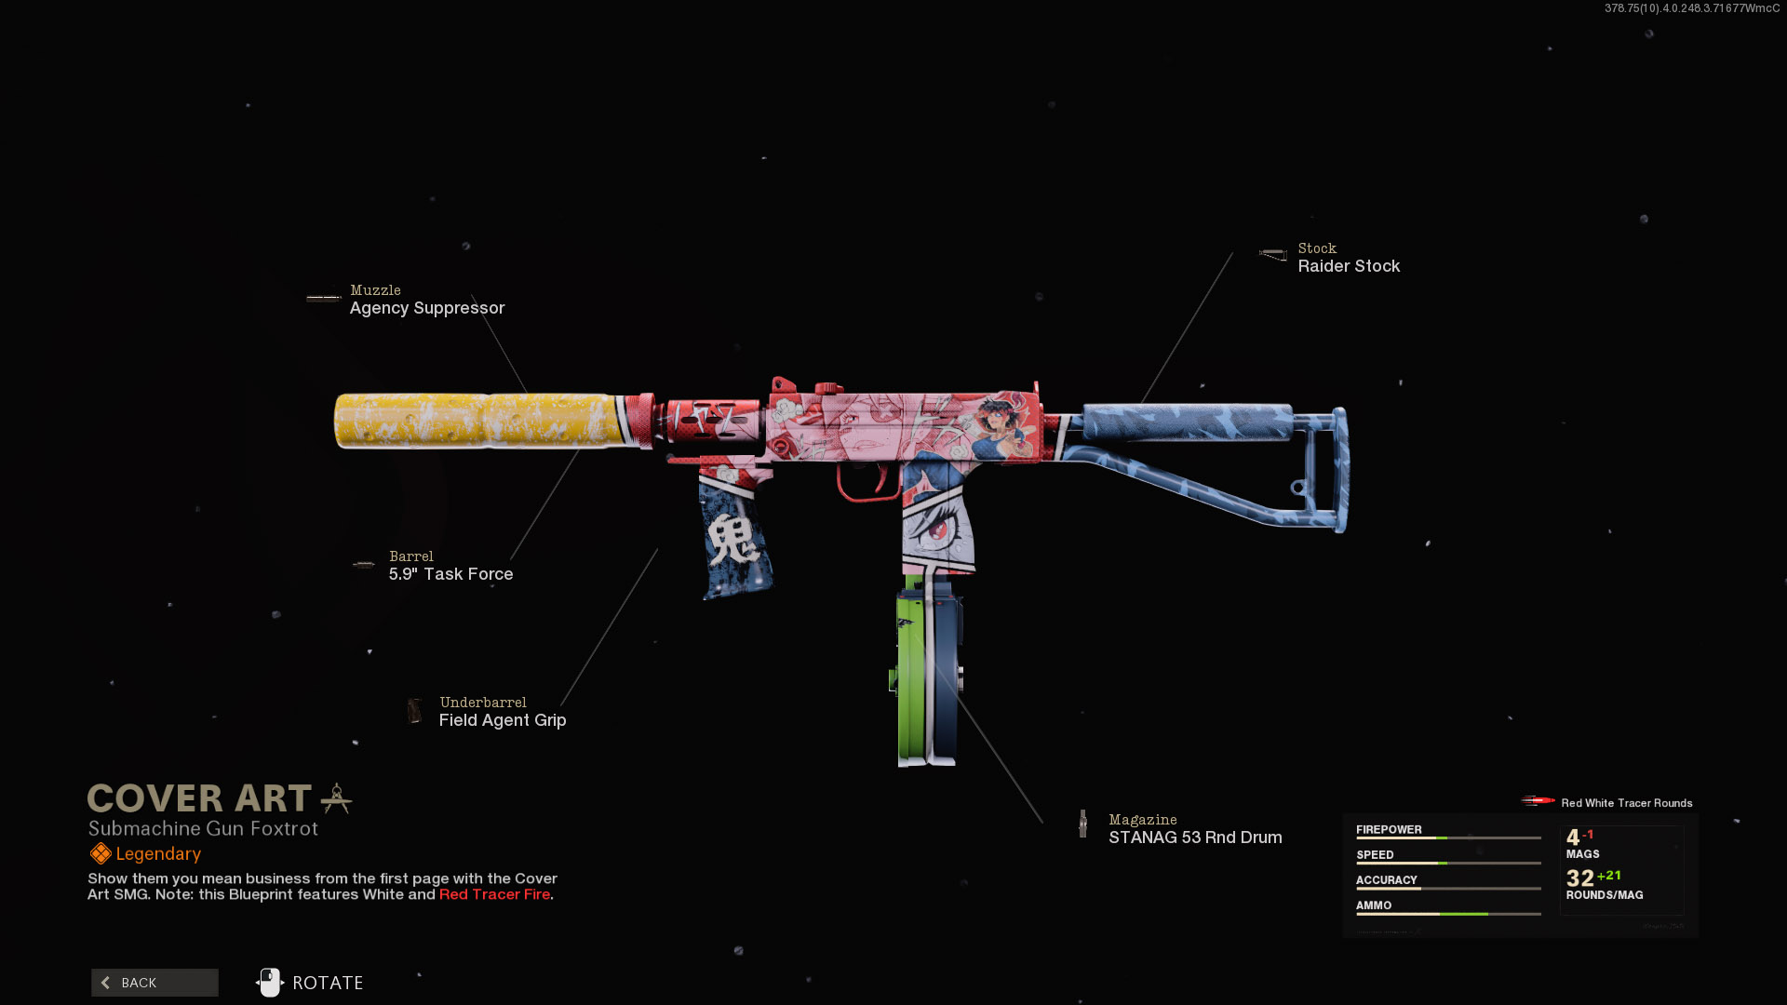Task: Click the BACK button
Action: point(155,983)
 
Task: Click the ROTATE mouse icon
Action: point(270,982)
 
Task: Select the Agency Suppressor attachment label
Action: point(426,308)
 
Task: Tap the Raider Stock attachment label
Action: point(1349,266)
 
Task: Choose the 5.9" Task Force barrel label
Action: point(450,574)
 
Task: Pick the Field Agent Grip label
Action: point(503,720)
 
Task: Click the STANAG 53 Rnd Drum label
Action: point(1195,837)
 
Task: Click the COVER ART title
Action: point(199,798)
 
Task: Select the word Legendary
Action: point(158,854)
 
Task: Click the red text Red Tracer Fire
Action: point(494,894)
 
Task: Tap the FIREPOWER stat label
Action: point(1389,830)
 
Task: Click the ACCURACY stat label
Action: point(1386,880)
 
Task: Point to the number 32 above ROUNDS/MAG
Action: point(1579,878)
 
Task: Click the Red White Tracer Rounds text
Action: point(1626,803)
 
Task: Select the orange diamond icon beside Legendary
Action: point(101,853)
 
